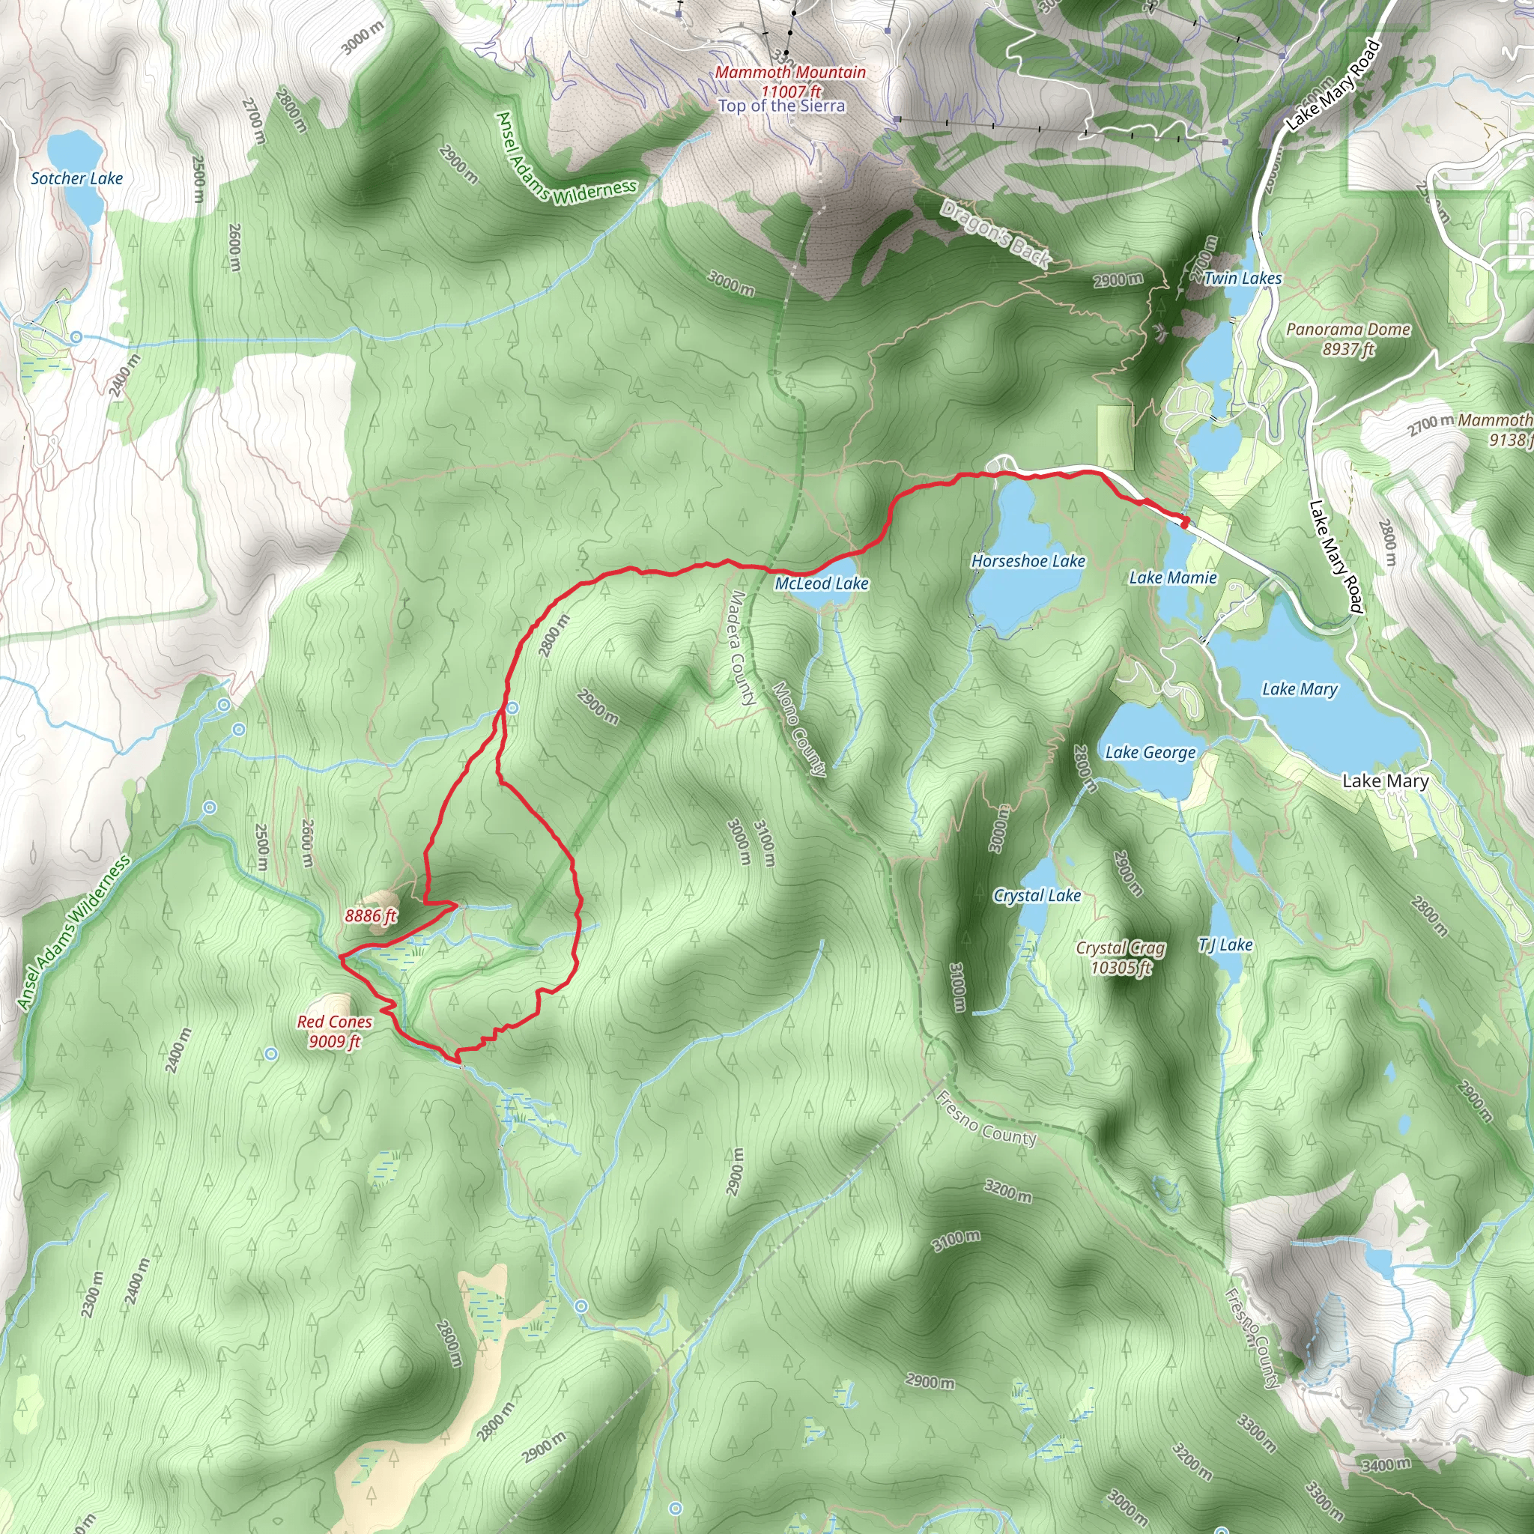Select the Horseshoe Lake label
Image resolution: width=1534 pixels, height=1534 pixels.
(x=1028, y=561)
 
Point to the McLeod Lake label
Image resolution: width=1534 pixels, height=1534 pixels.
(x=822, y=583)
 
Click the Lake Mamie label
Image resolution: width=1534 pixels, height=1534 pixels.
(x=1173, y=578)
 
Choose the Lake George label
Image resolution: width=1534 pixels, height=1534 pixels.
(x=1150, y=752)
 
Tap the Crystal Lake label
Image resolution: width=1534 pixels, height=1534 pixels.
(x=1037, y=896)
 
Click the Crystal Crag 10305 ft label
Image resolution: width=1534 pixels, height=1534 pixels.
(x=1121, y=957)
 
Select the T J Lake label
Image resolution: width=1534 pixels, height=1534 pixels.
(x=1225, y=945)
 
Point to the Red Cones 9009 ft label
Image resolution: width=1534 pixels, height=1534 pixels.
(x=334, y=1031)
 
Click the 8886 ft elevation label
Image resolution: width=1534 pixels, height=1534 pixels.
(x=370, y=915)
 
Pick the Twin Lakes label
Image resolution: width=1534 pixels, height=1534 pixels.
(x=1242, y=279)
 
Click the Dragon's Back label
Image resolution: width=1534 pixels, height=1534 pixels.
(x=995, y=232)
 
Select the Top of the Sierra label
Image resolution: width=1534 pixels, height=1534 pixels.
(x=781, y=106)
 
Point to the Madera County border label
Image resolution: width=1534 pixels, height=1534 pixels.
(x=742, y=648)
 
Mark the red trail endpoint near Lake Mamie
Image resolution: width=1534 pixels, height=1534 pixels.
(x=1185, y=521)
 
